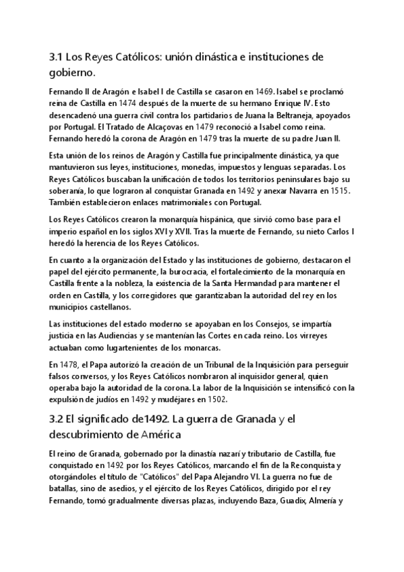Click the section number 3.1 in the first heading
(57, 57)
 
